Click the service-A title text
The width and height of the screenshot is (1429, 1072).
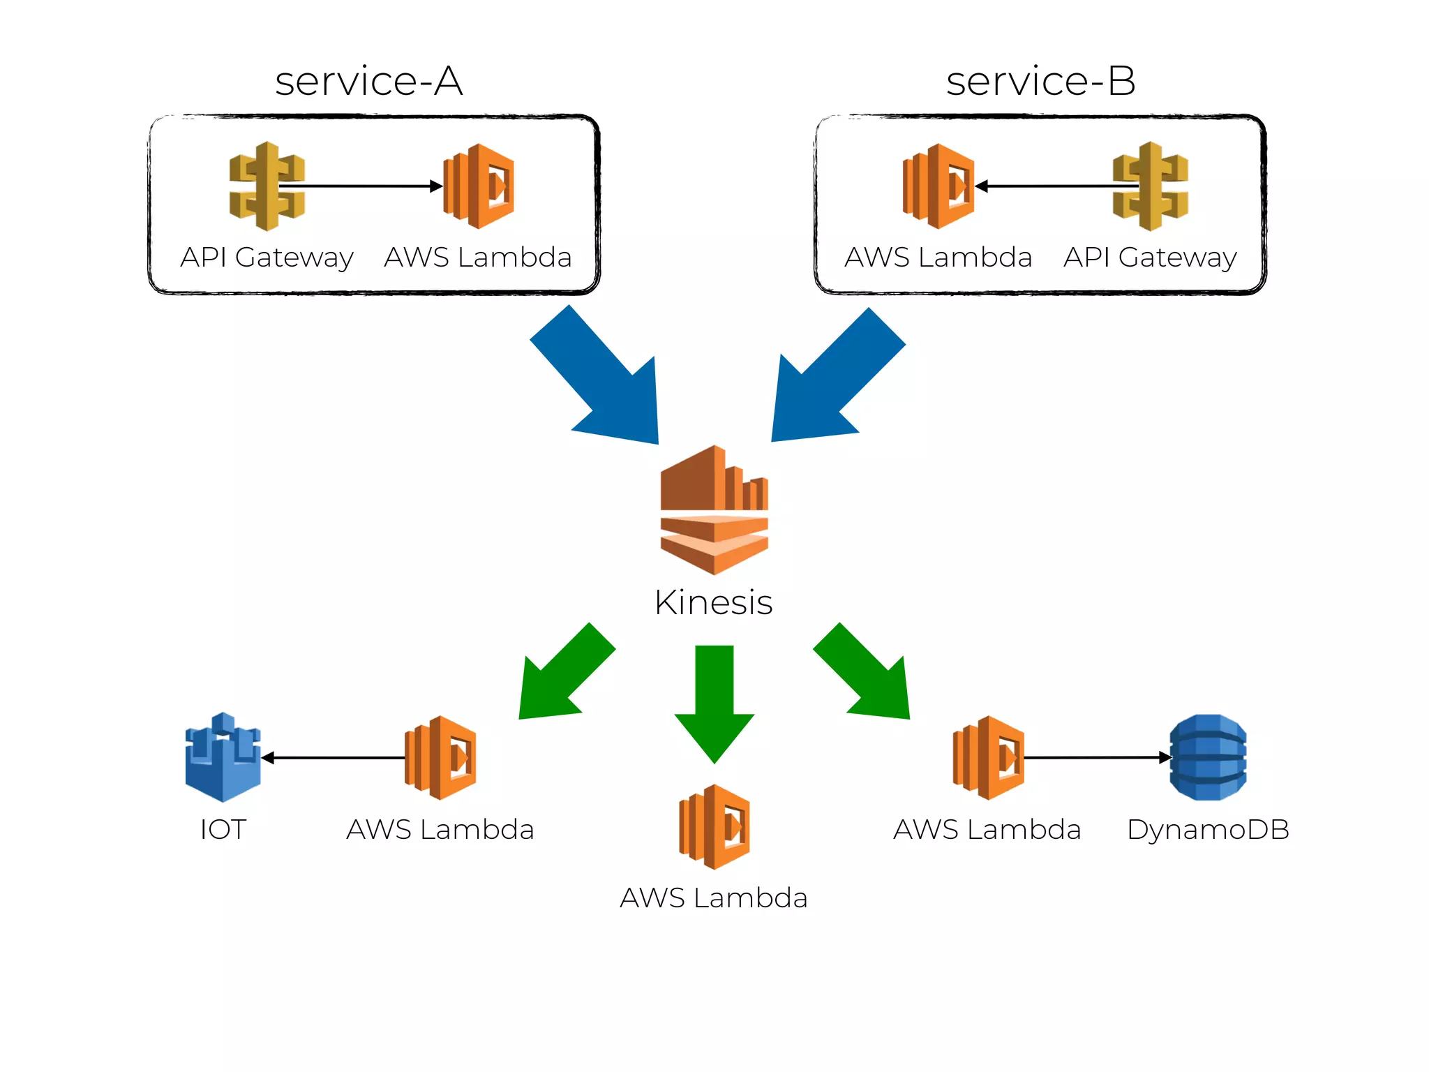coord(368,81)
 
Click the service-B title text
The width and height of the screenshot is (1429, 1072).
coord(1040,81)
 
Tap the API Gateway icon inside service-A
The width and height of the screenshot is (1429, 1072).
coord(267,186)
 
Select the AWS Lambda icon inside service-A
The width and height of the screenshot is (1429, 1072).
coord(479,186)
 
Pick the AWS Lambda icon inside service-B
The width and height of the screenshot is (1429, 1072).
coord(938,186)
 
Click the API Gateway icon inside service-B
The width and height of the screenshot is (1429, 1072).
coord(1150,186)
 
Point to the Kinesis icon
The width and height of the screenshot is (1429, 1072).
coord(714,510)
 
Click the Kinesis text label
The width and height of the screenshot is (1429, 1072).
coord(713,602)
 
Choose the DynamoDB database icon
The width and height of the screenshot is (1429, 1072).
coord(1208,757)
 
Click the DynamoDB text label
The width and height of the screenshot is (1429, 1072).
coord(1208,830)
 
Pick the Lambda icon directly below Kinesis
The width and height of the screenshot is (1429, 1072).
coord(714,826)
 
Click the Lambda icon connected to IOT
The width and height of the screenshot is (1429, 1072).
coord(440,757)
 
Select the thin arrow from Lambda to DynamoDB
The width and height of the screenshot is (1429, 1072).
coord(1095,757)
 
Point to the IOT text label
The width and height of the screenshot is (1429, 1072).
coord(223,830)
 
